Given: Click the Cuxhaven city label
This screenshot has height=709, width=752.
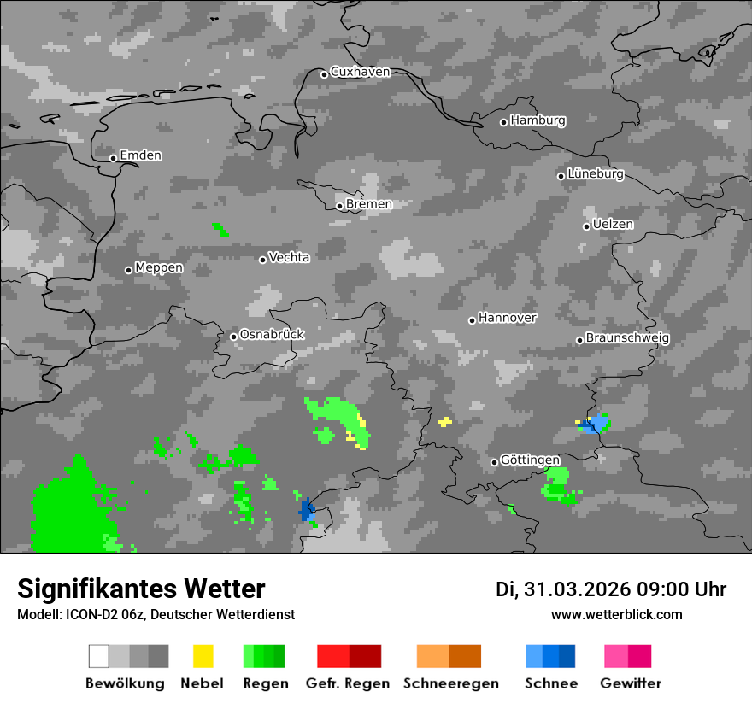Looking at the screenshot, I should click(360, 73).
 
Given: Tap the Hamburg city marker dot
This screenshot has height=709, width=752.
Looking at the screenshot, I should click(503, 122).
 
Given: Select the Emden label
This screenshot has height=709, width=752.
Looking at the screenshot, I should click(140, 156).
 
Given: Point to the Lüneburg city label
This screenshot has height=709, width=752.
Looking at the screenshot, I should click(596, 174).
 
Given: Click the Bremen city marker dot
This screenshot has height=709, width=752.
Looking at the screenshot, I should click(339, 206).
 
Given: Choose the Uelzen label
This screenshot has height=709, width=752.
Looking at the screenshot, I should click(613, 225).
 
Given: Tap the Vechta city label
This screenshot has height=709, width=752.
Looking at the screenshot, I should click(289, 257).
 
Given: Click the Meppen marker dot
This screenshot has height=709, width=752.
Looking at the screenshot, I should click(128, 270).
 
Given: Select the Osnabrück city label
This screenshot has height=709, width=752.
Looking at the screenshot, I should click(272, 335).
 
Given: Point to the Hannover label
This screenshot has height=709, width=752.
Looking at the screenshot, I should click(508, 318).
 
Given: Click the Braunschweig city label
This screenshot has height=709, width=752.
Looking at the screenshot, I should click(627, 338).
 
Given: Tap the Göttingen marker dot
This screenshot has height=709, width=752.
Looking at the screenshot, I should click(494, 462).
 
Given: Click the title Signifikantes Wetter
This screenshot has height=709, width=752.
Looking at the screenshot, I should click(141, 589).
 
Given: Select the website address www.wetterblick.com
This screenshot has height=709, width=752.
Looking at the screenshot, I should click(616, 615).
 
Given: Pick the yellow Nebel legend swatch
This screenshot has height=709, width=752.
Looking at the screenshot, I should click(203, 656).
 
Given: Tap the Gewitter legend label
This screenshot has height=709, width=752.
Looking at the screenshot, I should click(630, 683).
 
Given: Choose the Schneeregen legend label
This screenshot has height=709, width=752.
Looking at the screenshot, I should click(450, 683).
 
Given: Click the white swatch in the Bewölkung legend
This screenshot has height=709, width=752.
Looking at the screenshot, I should click(99, 656).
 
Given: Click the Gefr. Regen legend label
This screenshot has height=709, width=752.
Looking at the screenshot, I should click(348, 683).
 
